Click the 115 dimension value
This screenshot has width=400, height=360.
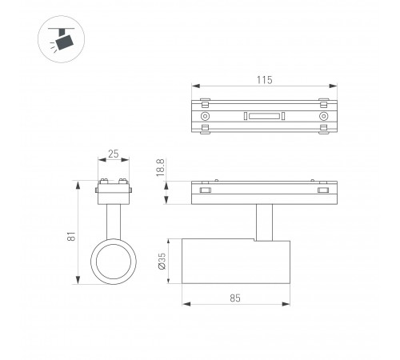tap(265, 80)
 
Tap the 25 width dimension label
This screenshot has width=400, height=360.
tap(114, 154)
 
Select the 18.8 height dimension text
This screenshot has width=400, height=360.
tap(161, 167)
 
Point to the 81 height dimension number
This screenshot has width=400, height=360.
tap(71, 236)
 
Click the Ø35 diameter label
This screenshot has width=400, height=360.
tap(162, 261)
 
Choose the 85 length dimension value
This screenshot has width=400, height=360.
tap(235, 298)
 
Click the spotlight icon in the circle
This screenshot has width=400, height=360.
tap(62, 39)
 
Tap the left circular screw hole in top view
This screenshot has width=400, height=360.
tap(205, 116)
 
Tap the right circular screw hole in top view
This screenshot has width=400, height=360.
tap(323, 116)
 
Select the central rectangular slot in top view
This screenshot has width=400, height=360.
tap(264, 116)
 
